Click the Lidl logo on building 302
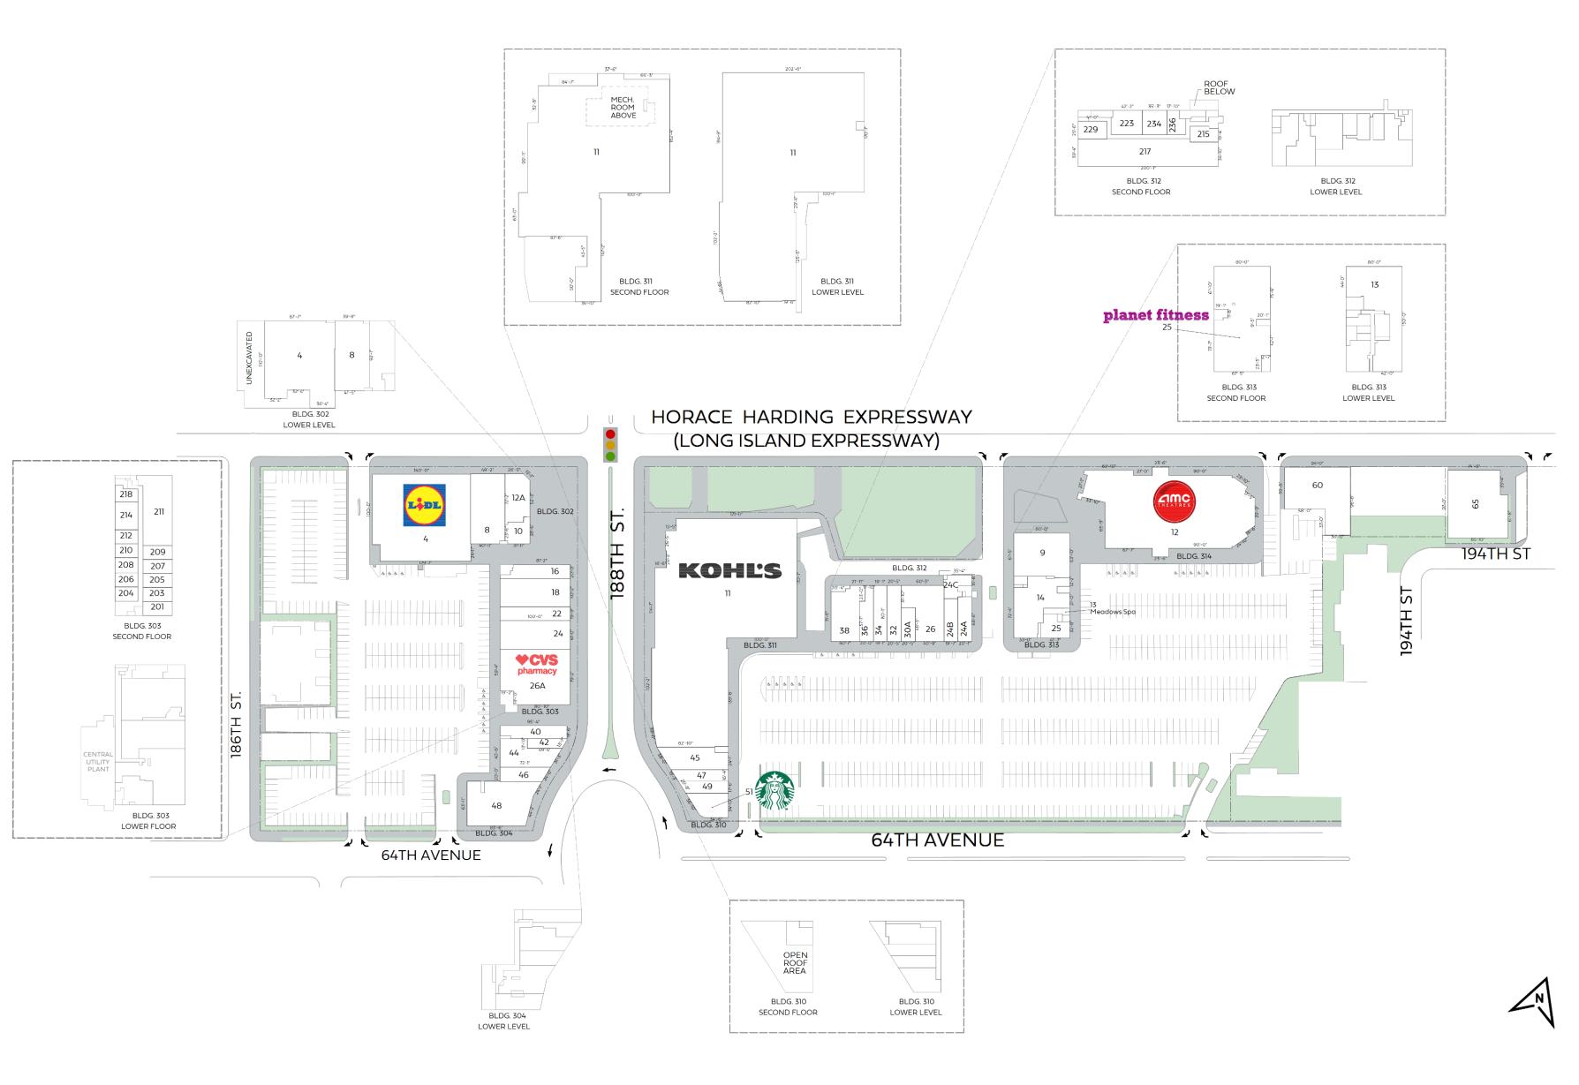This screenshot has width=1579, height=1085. [x=424, y=505]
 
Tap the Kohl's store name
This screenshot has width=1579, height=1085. [x=729, y=571]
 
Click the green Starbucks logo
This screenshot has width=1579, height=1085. [x=774, y=791]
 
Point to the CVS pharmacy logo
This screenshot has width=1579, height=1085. [x=538, y=664]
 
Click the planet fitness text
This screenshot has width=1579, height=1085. [x=1155, y=315]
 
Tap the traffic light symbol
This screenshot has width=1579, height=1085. [x=609, y=445]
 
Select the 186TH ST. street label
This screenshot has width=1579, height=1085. [x=236, y=725]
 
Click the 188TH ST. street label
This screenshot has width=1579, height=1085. [x=618, y=554]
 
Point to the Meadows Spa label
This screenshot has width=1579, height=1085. [x=1112, y=611]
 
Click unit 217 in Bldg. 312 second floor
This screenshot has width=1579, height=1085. [x=1145, y=152]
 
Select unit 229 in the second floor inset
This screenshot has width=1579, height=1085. [x=1091, y=130]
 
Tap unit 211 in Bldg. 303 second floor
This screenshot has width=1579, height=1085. [x=159, y=512]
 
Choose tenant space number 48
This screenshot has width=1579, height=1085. [x=496, y=805]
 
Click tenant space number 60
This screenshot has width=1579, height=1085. [x=1317, y=486]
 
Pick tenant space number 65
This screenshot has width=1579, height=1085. [x=1475, y=504]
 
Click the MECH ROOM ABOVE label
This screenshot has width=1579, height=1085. [x=623, y=108]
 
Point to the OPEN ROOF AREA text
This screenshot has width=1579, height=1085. [x=795, y=963]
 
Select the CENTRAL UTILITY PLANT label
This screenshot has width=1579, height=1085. [x=98, y=762]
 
